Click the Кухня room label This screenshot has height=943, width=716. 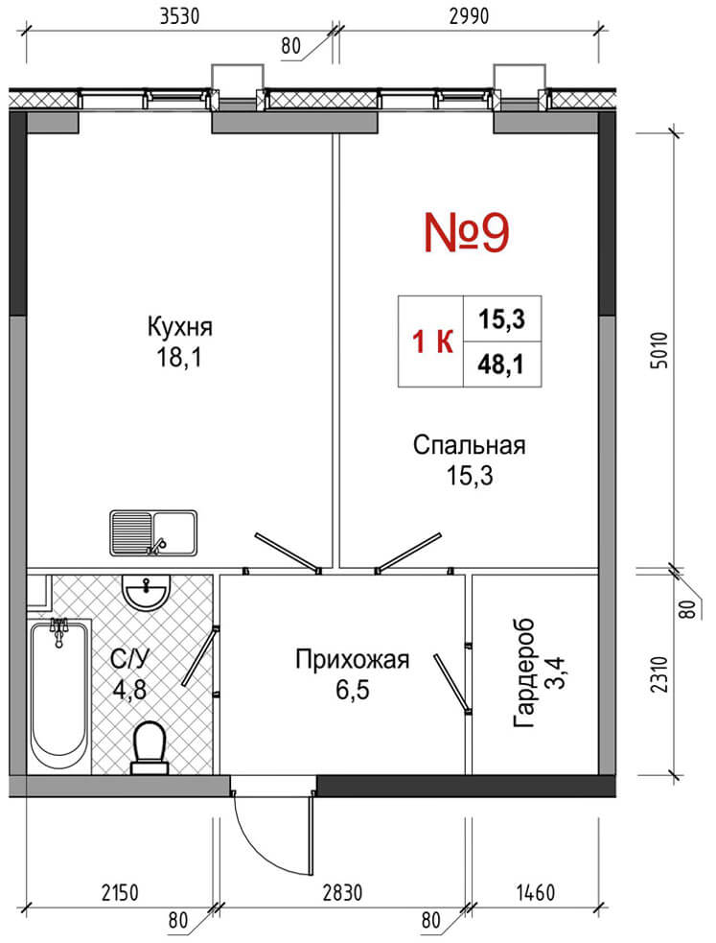tap(179, 327)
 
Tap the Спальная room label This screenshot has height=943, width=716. tap(469, 446)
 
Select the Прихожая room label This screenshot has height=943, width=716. tap(352, 660)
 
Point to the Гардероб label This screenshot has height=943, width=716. tap(523, 672)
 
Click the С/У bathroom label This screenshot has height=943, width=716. tap(129, 660)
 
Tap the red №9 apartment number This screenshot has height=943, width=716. tap(467, 232)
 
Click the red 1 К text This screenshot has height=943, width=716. tap(432, 342)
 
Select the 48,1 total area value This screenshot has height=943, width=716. tap(501, 364)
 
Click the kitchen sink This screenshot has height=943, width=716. tap(153, 532)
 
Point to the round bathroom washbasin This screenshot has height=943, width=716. tap(145, 593)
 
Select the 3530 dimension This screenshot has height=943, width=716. tap(179, 16)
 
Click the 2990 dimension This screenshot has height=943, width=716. tap(469, 16)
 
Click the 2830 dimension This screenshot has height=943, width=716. tap(342, 893)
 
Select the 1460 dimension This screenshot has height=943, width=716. tap(535, 893)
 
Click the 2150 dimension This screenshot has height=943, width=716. tap(119, 893)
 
